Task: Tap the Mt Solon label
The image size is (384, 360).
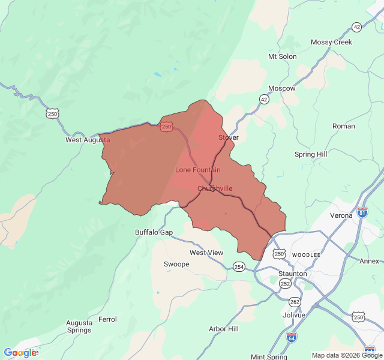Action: pos(282,56)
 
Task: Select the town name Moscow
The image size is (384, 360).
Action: pos(281,88)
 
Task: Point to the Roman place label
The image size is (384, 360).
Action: pos(343,126)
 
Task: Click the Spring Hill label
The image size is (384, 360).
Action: pos(311,154)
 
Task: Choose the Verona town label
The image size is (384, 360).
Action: pos(341,215)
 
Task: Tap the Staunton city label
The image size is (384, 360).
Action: pos(292,274)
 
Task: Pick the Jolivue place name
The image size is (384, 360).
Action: pos(293,315)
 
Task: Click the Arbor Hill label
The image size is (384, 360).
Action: pos(223,329)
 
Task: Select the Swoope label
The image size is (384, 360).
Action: pos(176,264)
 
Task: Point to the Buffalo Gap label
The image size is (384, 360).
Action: pos(154,232)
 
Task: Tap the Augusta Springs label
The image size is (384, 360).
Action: pos(79,326)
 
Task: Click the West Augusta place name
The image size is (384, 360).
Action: pos(88,140)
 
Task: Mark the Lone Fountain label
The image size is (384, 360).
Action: pos(197,170)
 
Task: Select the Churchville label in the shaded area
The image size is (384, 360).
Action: pos(215,188)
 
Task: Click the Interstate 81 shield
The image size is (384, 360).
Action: pos(362,212)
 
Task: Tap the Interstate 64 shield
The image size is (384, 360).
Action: pos(292,337)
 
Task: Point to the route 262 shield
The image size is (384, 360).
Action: pos(295,302)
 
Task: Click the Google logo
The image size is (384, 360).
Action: pos(20,353)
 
